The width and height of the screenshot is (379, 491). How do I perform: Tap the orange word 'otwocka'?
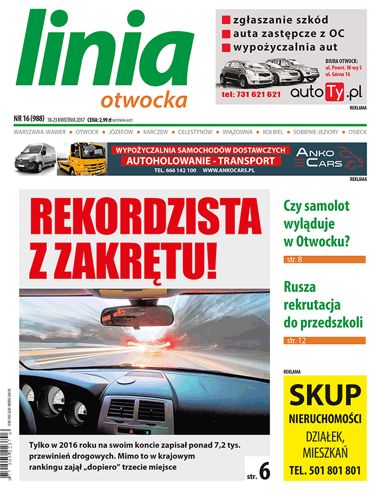[144, 100]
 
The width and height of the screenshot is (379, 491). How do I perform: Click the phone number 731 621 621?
[251, 94]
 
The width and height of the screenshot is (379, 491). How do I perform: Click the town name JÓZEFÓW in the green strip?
[121, 132]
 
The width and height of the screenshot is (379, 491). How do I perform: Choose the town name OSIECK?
[357, 132]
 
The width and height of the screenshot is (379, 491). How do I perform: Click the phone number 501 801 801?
[325, 470]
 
